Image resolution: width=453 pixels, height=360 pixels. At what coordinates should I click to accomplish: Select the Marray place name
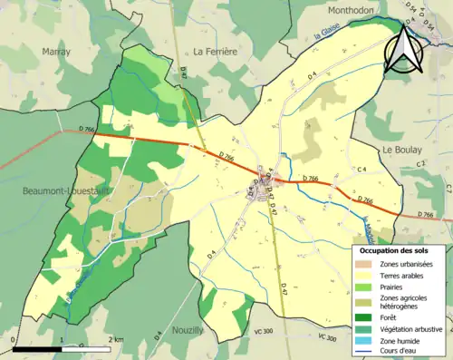(x=56, y=53)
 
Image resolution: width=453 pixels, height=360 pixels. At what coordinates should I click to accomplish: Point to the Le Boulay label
(x=398, y=149)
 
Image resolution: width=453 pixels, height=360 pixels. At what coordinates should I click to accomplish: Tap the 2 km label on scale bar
(x=117, y=339)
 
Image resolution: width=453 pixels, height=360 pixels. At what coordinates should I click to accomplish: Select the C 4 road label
(x=361, y=170)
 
